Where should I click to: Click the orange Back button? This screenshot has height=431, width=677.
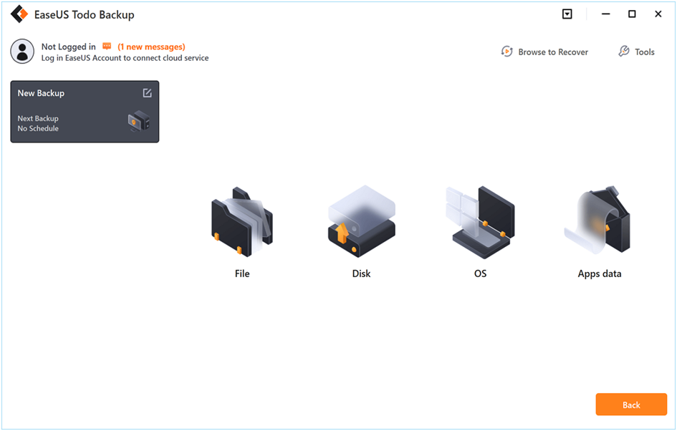coord(631,405)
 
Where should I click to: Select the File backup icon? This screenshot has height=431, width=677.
coord(242,222)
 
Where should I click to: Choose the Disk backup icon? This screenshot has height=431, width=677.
coord(361,221)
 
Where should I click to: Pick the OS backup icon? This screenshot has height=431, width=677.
coord(480,222)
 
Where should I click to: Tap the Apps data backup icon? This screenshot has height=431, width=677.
coord(598,220)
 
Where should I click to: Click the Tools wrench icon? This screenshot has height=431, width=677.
coord(623,52)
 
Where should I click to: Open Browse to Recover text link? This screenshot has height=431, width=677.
coord(553,52)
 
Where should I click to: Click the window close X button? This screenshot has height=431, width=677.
coord(658,14)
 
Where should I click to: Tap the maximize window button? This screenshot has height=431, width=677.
coord(632,14)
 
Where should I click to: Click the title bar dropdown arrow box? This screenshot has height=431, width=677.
coord(567,14)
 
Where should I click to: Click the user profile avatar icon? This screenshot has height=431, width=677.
coord(22,52)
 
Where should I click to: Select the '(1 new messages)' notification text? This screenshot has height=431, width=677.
coord(151,47)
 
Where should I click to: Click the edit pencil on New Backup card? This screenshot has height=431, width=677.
coord(148,93)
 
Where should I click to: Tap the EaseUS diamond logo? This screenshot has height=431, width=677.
coord(19,14)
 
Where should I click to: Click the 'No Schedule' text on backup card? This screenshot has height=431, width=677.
coord(38,128)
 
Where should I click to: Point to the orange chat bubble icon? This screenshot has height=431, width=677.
coord(107,46)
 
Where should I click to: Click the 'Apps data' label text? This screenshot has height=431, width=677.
coord(600,273)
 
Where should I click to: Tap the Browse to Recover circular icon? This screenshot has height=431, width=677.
coord(506,52)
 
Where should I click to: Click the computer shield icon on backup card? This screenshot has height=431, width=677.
coord(139,121)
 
